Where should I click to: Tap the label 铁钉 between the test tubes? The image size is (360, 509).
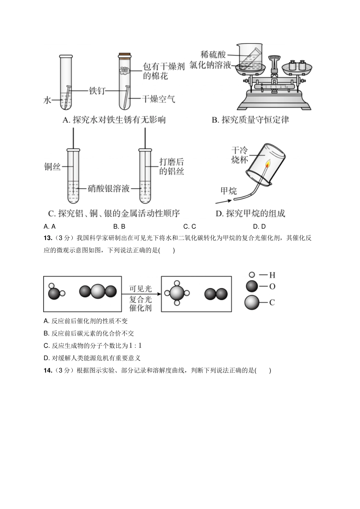coord(97,91)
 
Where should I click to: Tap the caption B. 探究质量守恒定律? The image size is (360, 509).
coord(250,120)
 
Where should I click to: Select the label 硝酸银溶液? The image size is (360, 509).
coord(109,188)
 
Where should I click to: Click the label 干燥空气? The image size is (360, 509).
coord(158,99)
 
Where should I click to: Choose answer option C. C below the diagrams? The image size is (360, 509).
coord(189,226)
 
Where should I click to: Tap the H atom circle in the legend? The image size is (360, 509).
coord(252,275)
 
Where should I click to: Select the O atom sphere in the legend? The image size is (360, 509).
coord(252,287)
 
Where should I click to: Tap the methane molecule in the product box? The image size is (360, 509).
coord(177,293)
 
